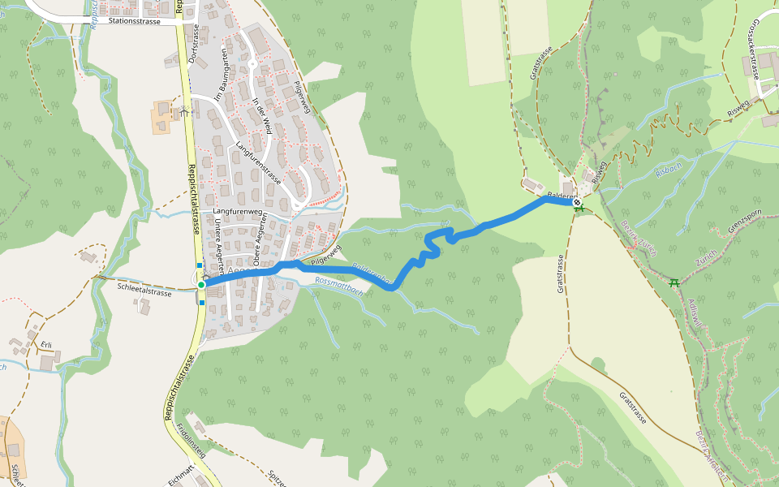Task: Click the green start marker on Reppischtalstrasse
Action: [201, 285]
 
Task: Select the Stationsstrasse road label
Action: [138, 22]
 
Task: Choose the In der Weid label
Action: [261, 114]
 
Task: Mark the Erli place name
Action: [46, 345]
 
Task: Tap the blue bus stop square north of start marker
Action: [200, 265]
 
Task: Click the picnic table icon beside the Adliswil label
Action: [674, 282]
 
